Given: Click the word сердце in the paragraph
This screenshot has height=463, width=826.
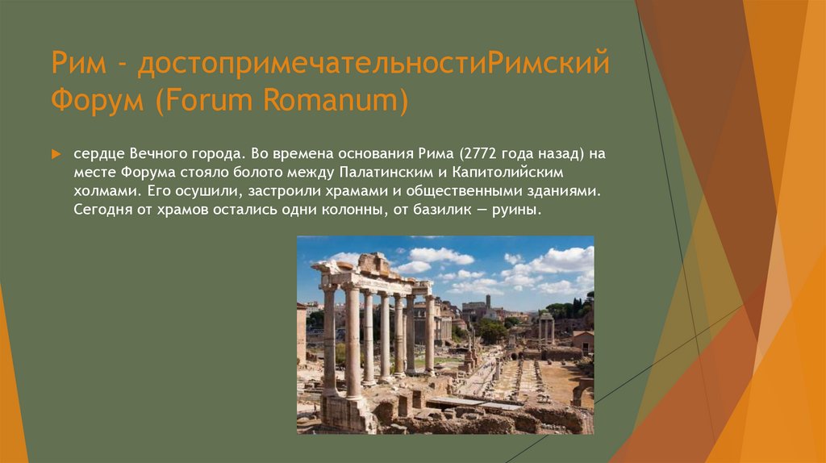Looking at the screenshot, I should coord(97,153).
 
